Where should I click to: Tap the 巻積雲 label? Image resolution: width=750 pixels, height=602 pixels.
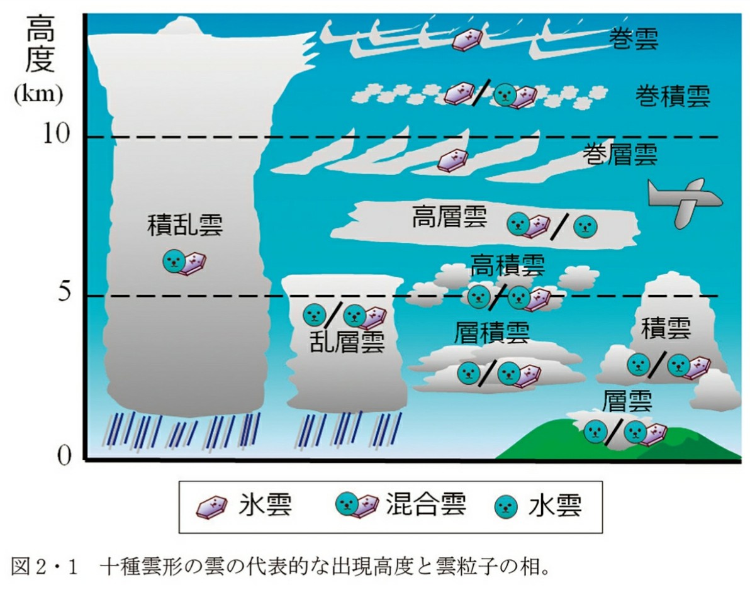[x=672, y=96]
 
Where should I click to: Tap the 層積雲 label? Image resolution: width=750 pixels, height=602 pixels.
[x=492, y=333]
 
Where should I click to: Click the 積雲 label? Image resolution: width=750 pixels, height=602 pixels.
[x=666, y=328]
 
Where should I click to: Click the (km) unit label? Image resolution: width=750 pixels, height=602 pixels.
[x=38, y=96]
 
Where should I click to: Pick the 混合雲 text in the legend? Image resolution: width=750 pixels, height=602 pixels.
[x=426, y=505]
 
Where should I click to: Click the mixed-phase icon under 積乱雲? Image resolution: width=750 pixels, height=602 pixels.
[x=184, y=262]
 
